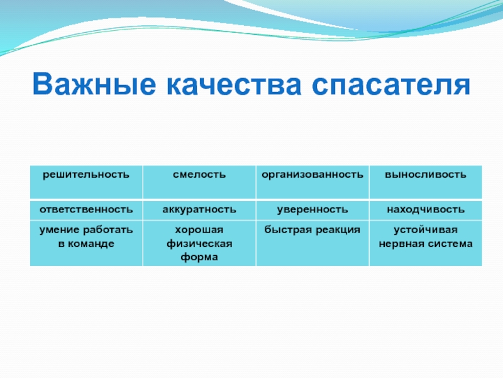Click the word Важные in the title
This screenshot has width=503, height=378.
click(94, 84)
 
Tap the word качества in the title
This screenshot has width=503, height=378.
click(234, 85)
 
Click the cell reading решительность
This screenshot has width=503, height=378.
click(86, 182)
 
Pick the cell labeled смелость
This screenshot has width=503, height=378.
click(199, 182)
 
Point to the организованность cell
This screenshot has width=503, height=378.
click(312, 182)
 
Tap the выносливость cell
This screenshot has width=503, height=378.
click(426, 182)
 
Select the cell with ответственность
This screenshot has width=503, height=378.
click(86, 210)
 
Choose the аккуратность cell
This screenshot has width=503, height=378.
click(199, 210)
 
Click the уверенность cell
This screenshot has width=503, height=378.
click(312, 210)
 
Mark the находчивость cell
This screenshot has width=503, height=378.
click(426, 210)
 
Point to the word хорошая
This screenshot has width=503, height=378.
click(199, 230)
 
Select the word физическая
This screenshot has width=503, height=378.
click(199, 244)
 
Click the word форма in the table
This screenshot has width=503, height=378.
click(199, 257)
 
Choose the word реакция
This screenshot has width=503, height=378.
click(338, 230)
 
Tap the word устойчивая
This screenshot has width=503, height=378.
click(426, 230)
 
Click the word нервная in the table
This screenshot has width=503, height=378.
click(399, 244)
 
